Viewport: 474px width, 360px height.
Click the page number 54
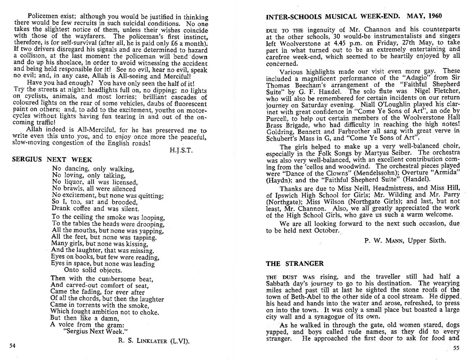(12, 346)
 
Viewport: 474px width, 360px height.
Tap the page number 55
(456, 347)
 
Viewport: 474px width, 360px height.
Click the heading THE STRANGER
(295, 263)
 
